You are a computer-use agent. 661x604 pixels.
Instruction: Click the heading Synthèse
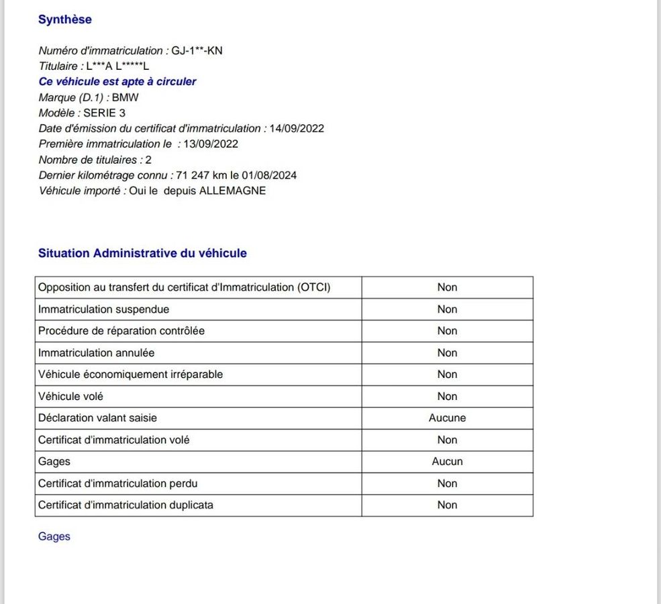(65, 19)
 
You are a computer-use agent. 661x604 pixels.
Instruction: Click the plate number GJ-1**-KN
(197, 51)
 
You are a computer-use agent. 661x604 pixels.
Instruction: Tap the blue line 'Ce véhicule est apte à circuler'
(117, 82)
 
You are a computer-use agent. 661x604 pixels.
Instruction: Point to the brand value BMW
(125, 97)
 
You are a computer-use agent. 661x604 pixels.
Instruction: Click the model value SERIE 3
(104, 113)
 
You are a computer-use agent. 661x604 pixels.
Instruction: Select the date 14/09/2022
(297, 128)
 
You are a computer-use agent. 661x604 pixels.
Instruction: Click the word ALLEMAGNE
(232, 191)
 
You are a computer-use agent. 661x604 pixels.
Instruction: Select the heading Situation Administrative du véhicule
(142, 254)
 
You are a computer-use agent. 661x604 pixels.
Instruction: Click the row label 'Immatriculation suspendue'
(103, 309)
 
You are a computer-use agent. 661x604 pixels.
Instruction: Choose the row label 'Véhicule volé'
(70, 397)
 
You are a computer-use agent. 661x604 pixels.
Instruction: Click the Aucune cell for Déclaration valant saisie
(447, 418)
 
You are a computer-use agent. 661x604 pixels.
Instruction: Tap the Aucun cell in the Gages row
(447, 462)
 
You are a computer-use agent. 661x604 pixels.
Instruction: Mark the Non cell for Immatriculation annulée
(447, 353)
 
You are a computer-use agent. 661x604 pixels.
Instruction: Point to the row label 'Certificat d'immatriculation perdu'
(117, 483)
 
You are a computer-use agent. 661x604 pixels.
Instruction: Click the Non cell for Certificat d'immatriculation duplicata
(447, 505)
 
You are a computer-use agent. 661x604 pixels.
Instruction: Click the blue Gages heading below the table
(54, 537)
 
